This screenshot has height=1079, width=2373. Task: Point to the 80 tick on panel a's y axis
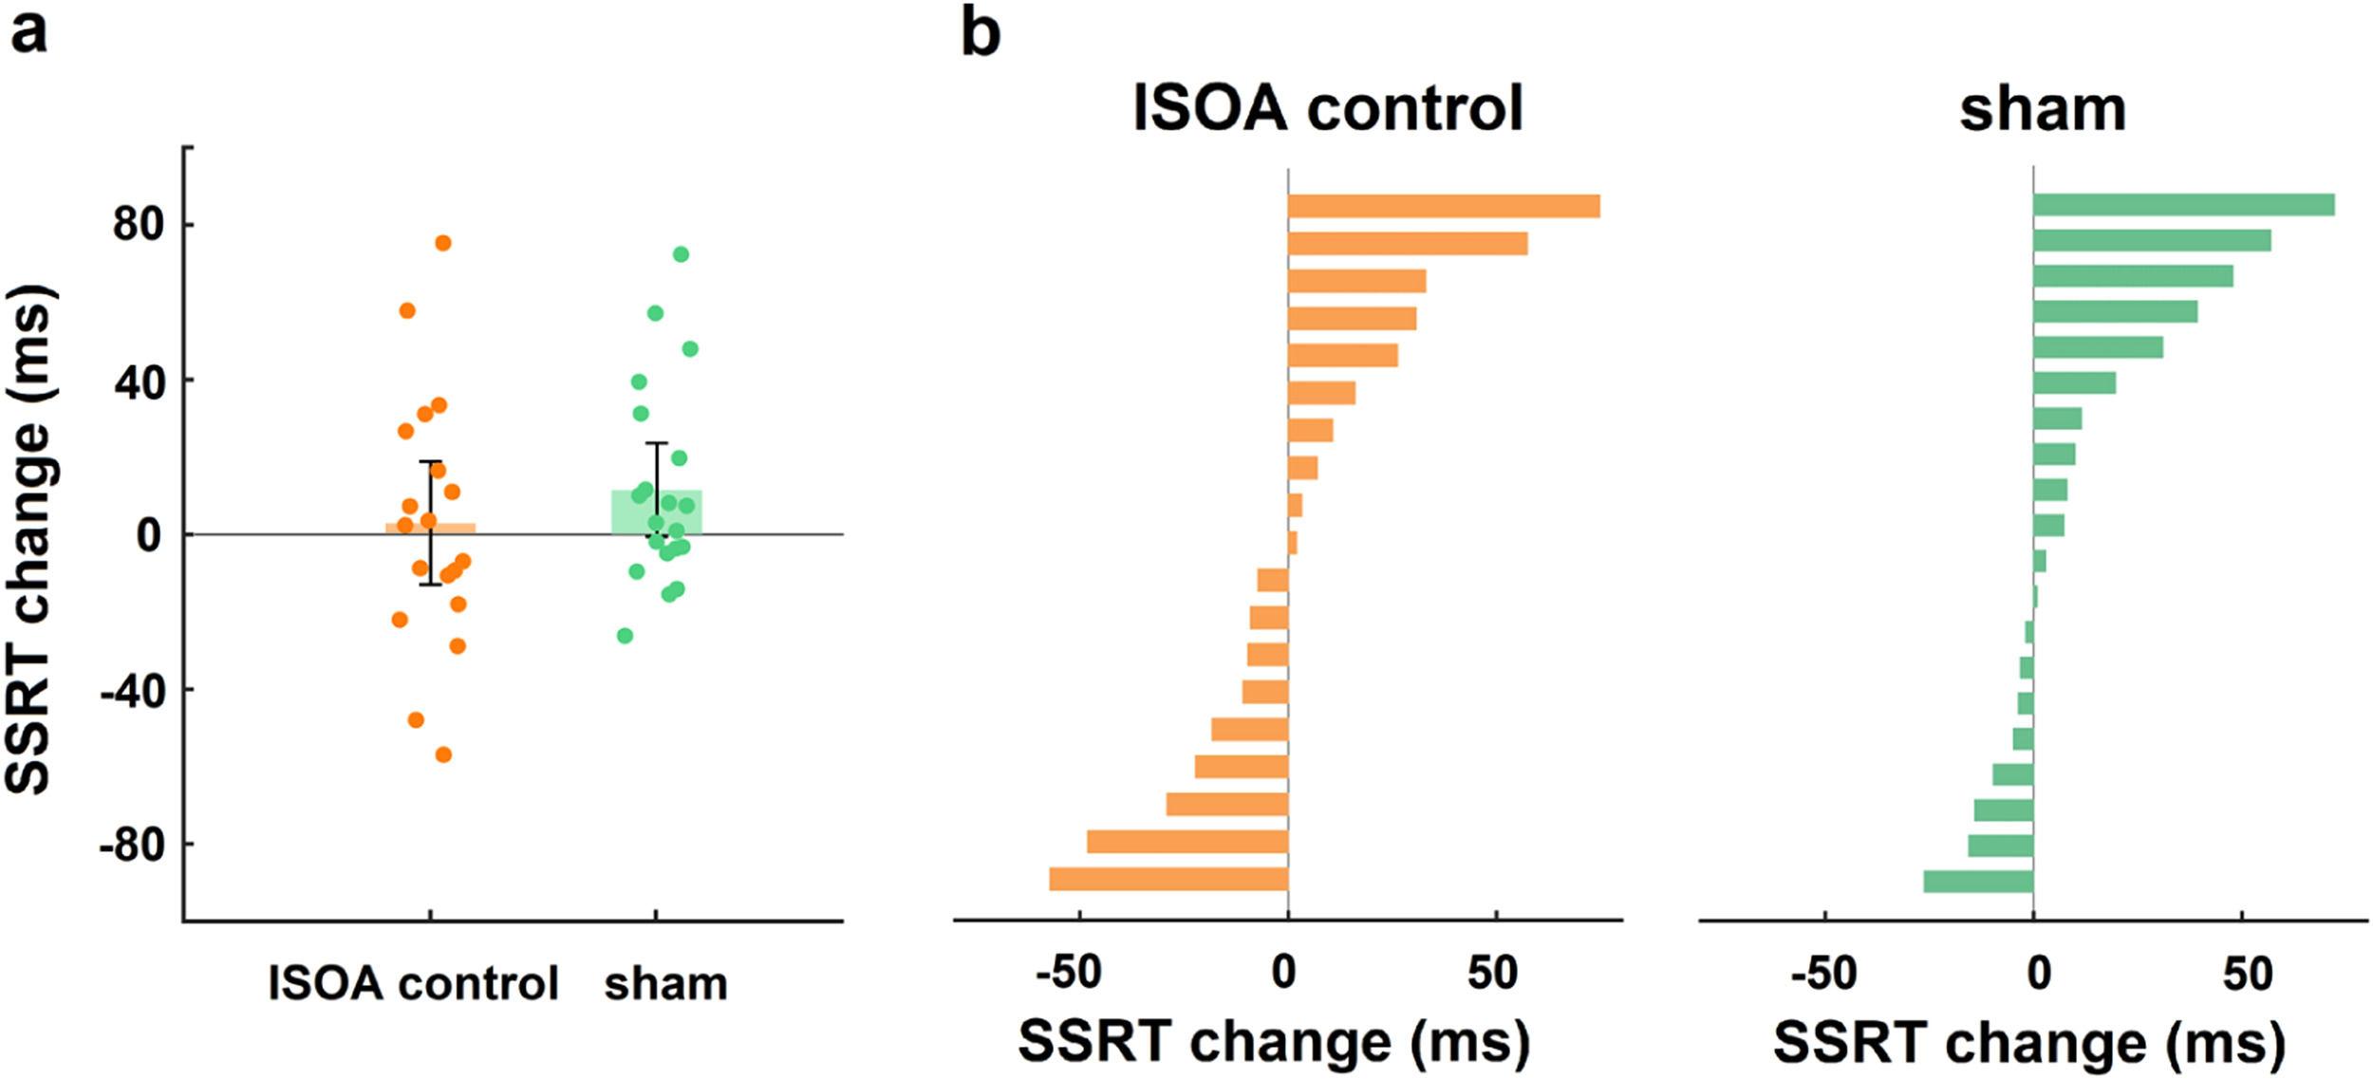tap(138, 225)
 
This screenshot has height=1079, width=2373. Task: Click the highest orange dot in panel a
tap(443, 243)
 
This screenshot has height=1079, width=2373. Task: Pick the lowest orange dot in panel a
tap(443, 754)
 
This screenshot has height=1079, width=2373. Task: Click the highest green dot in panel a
tap(681, 254)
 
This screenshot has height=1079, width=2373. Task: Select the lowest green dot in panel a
tap(625, 635)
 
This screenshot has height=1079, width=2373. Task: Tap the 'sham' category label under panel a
tap(666, 984)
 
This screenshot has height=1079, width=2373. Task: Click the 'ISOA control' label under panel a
tap(414, 984)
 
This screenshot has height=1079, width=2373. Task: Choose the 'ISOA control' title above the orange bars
tap(1328, 109)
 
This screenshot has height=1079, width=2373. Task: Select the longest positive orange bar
tap(1444, 206)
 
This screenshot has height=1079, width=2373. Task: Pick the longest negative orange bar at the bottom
tap(1168, 879)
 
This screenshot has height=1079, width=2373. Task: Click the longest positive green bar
tap(2183, 205)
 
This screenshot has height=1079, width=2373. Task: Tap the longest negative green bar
tap(1978, 882)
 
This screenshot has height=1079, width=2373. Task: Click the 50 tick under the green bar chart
tap(2247, 974)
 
